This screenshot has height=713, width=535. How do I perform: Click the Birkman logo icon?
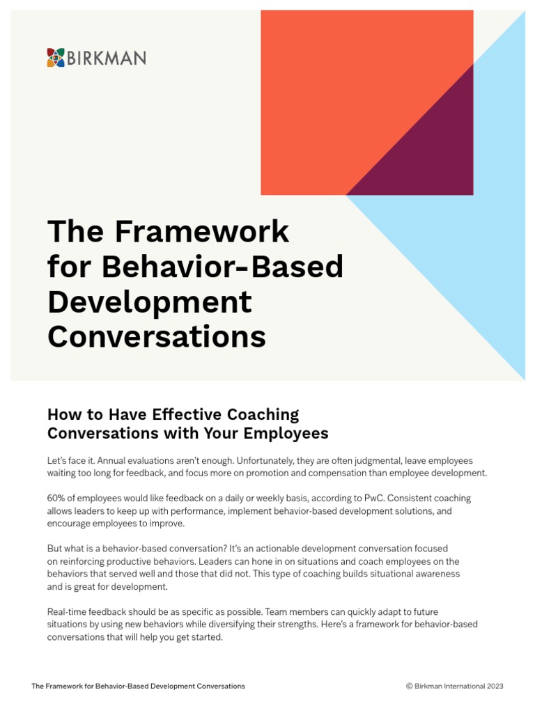click(x=56, y=58)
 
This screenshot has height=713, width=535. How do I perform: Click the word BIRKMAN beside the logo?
click(x=107, y=58)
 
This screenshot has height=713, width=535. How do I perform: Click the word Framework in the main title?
click(x=201, y=231)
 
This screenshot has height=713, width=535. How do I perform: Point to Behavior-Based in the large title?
click(x=222, y=267)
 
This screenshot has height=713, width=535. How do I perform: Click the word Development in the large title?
click(x=150, y=303)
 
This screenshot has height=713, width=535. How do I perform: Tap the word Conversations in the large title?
click(x=157, y=337)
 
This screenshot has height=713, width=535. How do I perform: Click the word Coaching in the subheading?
click(x=263, y=415)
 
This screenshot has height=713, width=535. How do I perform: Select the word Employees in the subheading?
click(x=286, y=433)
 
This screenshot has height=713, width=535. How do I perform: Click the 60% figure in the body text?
click(x=56, y=498)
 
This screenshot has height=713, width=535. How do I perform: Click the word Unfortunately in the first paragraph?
click(x=265, y=461)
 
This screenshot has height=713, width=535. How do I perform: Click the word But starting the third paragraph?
click(x=54, y=549)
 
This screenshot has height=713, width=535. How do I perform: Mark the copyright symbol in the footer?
click(x=409, y=686)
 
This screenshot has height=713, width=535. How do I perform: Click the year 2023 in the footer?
click(x=495, y=686)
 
